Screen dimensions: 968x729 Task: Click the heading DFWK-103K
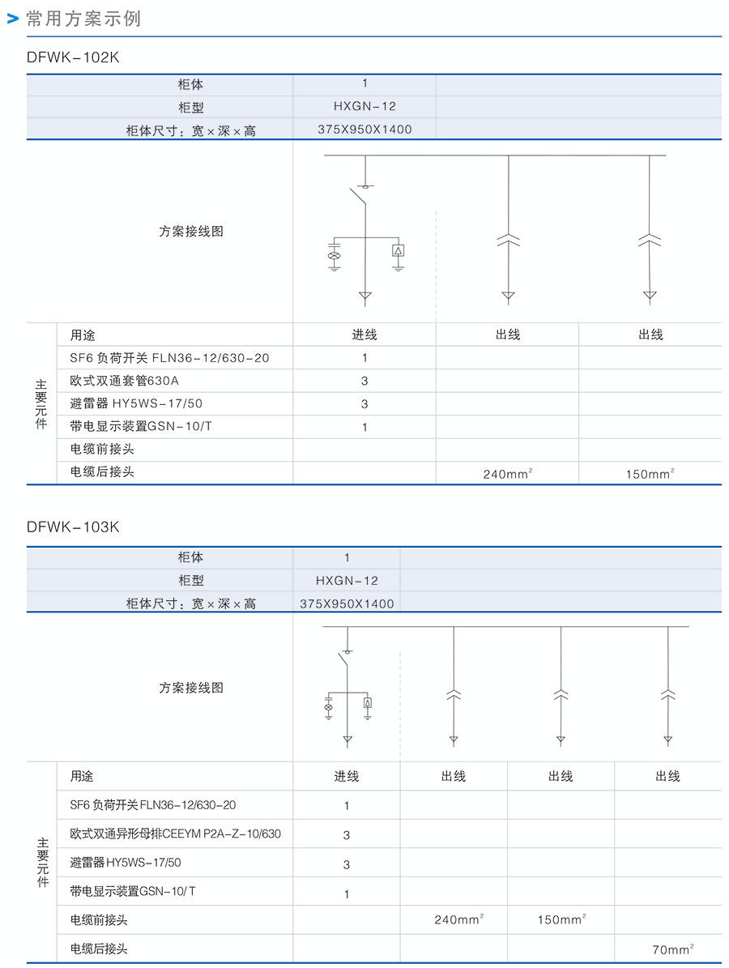[73, 527]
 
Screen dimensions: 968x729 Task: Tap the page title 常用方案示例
[83, 19]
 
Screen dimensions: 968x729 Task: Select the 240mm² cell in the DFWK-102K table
[507, 474]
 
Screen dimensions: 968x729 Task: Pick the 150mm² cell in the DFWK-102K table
[650, 474]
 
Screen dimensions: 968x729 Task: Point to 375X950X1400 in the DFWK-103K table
[347, 603]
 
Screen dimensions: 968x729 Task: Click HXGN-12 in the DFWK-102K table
[364, 106]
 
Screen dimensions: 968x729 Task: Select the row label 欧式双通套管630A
[124, 380]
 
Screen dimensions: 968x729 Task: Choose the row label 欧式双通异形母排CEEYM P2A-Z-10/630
[175, 834]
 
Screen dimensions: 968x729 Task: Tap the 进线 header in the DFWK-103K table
[347, 777]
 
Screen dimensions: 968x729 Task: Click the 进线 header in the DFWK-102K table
[364, 335]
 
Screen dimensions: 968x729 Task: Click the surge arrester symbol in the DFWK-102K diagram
[398, 250]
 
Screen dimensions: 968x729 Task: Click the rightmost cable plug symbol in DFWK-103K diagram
[667, 694]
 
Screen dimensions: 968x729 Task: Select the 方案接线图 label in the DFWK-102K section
[190, 232]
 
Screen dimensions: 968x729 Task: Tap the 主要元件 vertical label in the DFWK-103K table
[42, 863]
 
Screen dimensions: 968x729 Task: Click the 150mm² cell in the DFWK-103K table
[561, 919]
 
